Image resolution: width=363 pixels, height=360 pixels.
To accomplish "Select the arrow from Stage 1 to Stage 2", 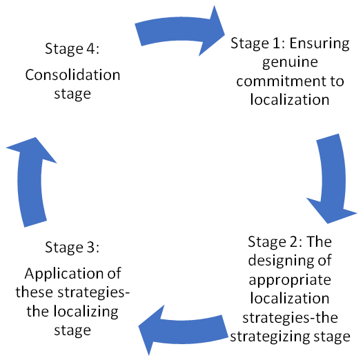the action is [x=333, y=178].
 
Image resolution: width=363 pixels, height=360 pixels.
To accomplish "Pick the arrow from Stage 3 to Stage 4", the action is [x=30, y=183].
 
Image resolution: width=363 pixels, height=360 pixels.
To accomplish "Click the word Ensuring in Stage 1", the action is [x=320, y=43].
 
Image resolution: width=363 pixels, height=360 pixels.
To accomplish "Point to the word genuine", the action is [x=290, y=63].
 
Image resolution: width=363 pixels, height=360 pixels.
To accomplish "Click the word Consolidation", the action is [x=72, y=75].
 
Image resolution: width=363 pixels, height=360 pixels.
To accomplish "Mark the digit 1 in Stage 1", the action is [x=277, y=43].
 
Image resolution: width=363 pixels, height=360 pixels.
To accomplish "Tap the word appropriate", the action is [x=290, y=281].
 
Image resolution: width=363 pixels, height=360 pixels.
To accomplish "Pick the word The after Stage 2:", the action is [x=320, y=242].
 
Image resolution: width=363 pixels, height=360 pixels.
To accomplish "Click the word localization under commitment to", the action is [x=290, y=100].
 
